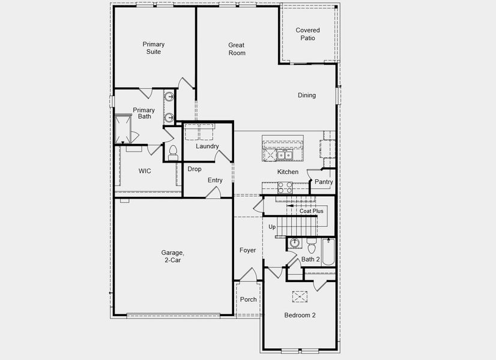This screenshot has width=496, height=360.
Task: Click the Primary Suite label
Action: pos(154,48)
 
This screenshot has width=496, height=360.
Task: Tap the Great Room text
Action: pos(237,49)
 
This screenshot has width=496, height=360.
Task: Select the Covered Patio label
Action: pos(307,34)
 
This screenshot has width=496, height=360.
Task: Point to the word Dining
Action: pos(307,95)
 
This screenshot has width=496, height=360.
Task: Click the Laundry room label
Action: pos(207,146)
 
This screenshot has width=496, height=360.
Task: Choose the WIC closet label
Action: pos(145,171)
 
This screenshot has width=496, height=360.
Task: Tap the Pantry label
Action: pos(324,182)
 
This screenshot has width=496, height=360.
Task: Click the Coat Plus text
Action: pos(312,211)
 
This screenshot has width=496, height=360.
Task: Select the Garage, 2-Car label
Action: pos(172,256)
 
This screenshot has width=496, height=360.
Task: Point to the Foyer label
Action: pos(247,250)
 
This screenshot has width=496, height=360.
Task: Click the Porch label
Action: pos(248,299)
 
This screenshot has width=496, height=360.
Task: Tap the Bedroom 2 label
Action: pos(300,315)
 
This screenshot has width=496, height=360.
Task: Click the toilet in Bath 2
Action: pos(311,247)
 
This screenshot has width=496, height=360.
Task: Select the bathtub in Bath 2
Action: pos(328,252)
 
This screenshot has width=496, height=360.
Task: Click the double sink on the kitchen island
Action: pos(283,155)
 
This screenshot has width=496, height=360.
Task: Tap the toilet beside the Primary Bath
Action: pos(173,152)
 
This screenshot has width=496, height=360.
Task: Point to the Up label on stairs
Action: pos(272,227)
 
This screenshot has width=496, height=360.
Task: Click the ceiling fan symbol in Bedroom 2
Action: pos(300,296)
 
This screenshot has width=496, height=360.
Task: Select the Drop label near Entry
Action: pos(194,169)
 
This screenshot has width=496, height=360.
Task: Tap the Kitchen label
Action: pos(288,172)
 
